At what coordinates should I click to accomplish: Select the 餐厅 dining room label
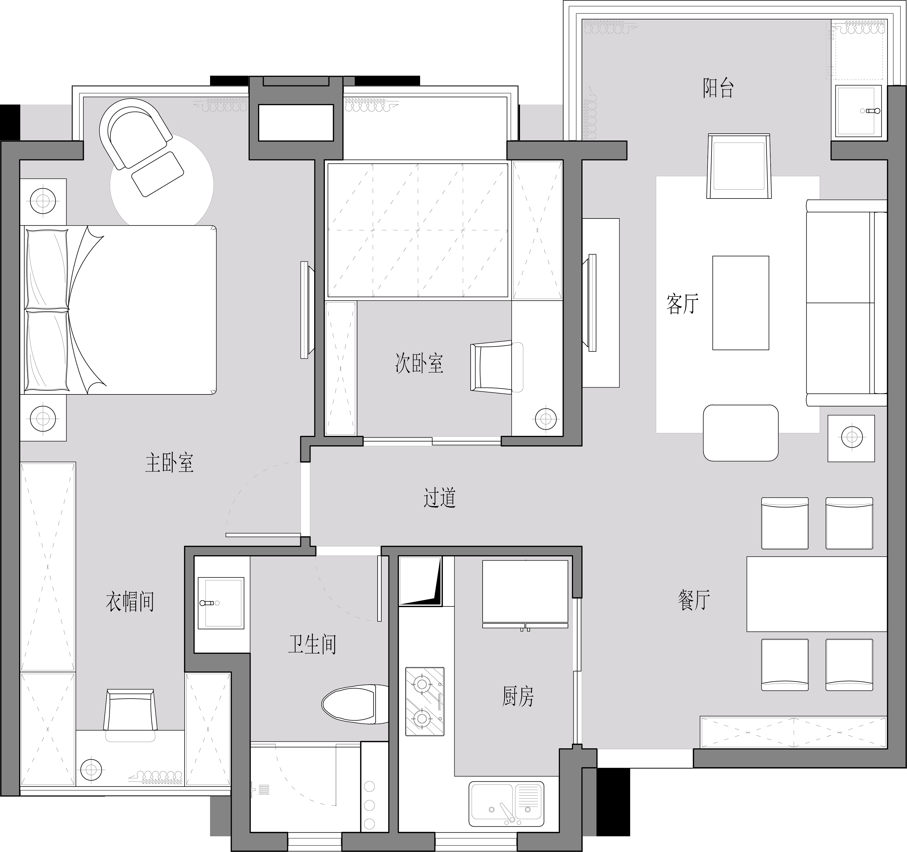pyautogui.click(x=694, y=600)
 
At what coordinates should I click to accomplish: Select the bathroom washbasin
pyautogui.click(x=221, y=603)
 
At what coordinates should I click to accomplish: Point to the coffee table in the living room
pyautogui.click(x=741, y=303)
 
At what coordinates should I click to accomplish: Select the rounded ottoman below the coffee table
pyautogui.click(x=741, y=433)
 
